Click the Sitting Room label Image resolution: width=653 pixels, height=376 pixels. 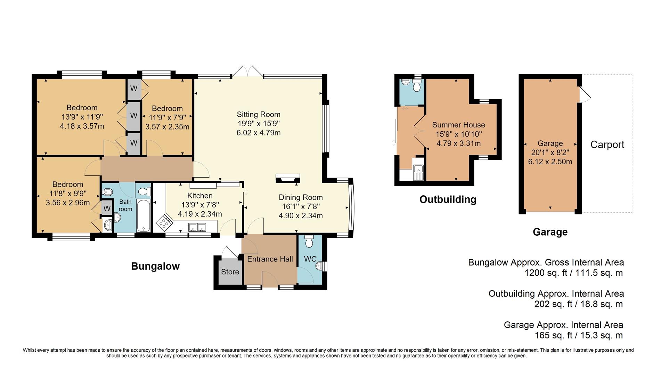point(258,115)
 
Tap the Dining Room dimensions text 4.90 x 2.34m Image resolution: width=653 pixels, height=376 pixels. point(301,216)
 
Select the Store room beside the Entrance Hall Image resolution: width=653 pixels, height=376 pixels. point(230,272)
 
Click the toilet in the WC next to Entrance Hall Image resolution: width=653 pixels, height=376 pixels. point(309,241)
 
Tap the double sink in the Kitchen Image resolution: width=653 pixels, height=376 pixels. point(197,227)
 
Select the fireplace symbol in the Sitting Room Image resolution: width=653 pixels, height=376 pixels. point(287,178)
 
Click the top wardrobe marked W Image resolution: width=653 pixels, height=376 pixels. point(134,88)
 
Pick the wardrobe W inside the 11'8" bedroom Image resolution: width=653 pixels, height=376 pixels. point(107,209)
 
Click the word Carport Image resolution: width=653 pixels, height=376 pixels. point(607,145)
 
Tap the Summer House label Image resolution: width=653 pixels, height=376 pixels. point(458,125)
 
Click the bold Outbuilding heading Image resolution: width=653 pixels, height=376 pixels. point(448,199)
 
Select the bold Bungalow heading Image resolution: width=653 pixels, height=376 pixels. point(155,266)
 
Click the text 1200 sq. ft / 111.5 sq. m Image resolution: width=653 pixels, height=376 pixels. point(573,273)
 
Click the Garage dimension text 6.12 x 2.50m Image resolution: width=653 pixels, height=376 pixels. point(550,162)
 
